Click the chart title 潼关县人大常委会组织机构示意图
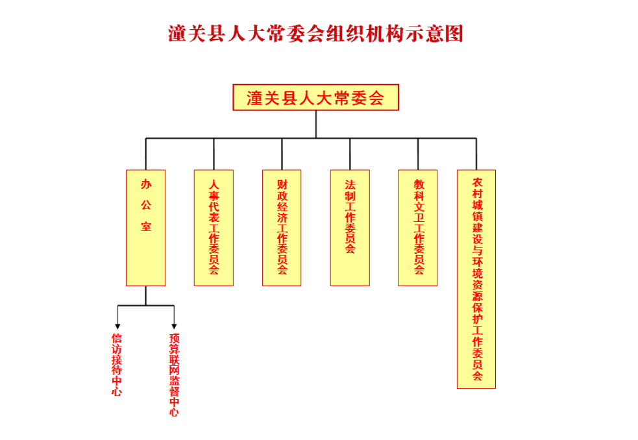(x=316, y=34)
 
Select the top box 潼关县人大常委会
(x=316, y=98)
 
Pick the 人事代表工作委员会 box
(x=214, y=227)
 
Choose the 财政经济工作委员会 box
(x=282, y=227)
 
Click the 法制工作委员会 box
(x=350, y=227)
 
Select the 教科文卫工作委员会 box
(x=418, y=227)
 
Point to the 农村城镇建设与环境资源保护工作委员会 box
(x=476, y=279)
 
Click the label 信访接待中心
(x=117, y=364)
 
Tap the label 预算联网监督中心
(x=174, y=374)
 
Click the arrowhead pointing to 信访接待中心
(x=117, y=325)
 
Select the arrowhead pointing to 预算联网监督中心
(x=174, y=325)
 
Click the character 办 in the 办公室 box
(x=146, y=184)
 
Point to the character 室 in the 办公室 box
(x=146, y=227)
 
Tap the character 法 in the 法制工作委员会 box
(x=350, y=184)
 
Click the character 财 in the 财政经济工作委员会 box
(x=282, y=184)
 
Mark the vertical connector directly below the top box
(x=316, y=124)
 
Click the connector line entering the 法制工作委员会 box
(x=350, y=154)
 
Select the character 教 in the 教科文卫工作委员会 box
(x=419, y=184)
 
